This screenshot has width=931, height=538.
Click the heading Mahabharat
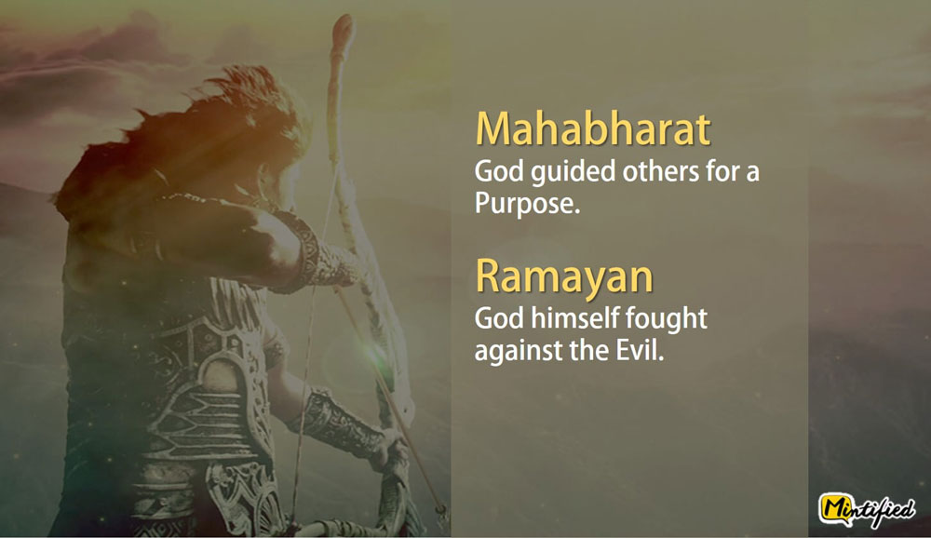592,128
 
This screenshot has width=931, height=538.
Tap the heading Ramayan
564,276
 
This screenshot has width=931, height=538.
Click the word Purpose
527,204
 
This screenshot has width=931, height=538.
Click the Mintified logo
866,509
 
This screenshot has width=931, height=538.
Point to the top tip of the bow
344,19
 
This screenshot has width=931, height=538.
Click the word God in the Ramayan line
499,319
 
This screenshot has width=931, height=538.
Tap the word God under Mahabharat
499,172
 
